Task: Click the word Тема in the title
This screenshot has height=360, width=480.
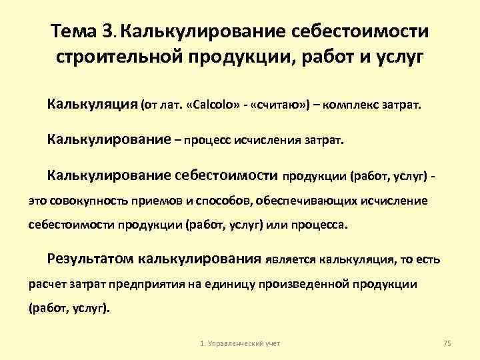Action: [x=75, y=31]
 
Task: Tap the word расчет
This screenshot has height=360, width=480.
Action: [x=45, y=284]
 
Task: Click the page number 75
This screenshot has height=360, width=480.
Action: [x=447, y=343]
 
